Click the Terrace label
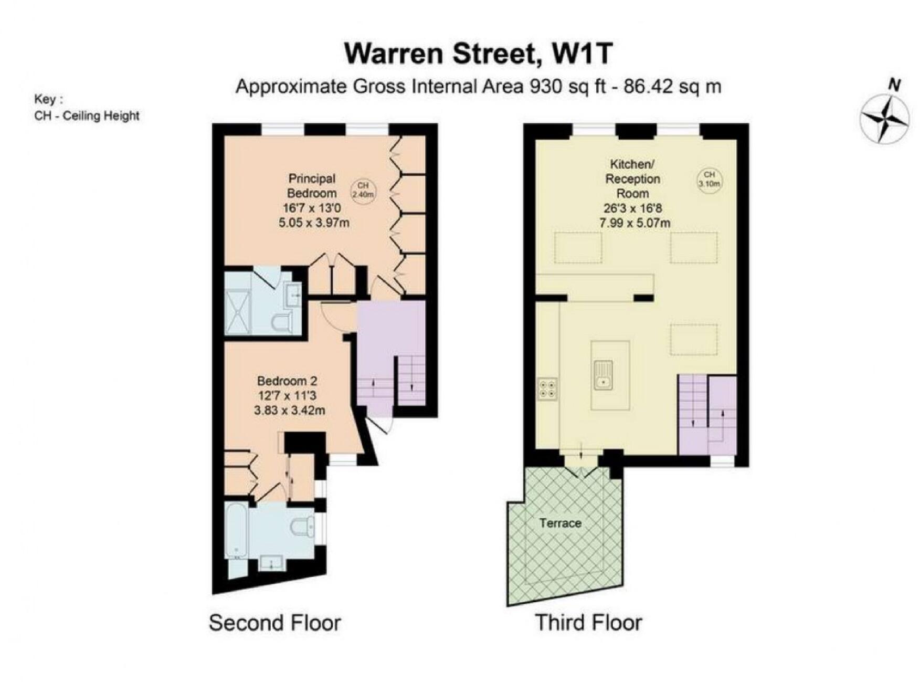560,523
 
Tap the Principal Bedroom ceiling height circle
363,190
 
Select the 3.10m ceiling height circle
709,179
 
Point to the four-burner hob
547,389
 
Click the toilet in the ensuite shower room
282,322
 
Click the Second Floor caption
274,623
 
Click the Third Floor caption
588,623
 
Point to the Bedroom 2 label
287,381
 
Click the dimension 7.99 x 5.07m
635,223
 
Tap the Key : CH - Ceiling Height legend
87,108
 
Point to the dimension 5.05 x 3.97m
314,223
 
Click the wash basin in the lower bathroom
271,564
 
